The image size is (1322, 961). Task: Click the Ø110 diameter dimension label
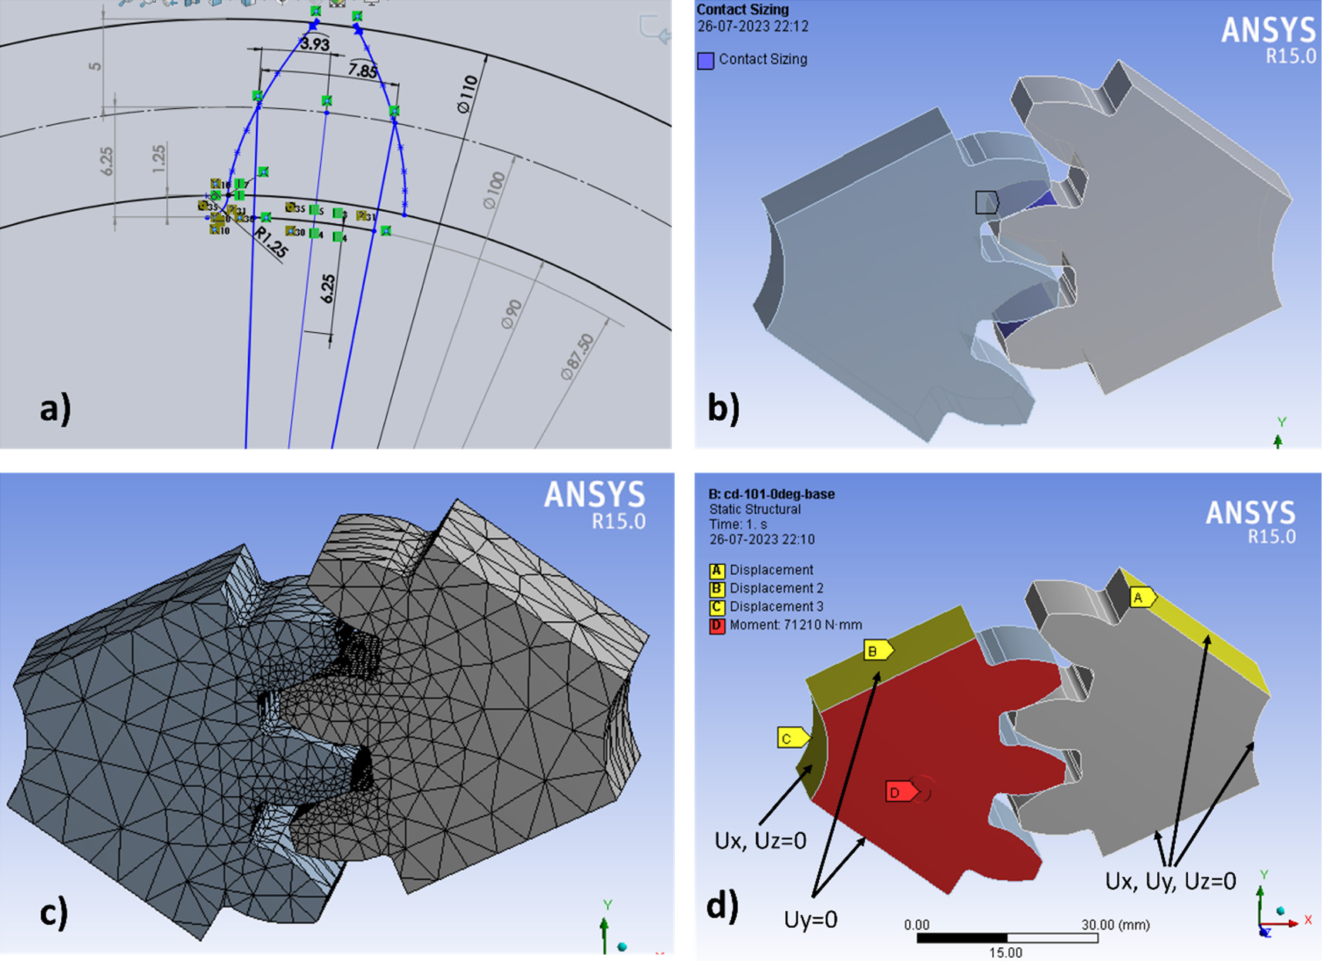(468, 94)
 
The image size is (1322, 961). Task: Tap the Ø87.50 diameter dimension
(578, 356)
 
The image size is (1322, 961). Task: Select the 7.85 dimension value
(362, 70)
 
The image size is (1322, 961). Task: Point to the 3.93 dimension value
(315, 44)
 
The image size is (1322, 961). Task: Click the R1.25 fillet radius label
(270, 243)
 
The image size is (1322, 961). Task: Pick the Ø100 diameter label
(495, 190)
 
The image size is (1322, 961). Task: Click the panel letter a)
(55, 408)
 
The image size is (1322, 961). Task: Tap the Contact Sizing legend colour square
(705, 60)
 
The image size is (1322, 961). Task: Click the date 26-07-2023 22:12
(753, 27)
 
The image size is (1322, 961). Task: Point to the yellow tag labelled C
(790, 738)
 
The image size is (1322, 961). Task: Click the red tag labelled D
(898, 791)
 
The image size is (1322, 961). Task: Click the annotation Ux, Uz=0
(760, 840)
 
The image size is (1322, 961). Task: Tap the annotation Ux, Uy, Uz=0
(1170, 881)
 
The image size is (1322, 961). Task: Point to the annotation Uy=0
(810, 919)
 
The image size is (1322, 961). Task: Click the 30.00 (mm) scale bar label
(1115, 924)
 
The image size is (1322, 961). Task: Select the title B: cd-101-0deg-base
(771, 494)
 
